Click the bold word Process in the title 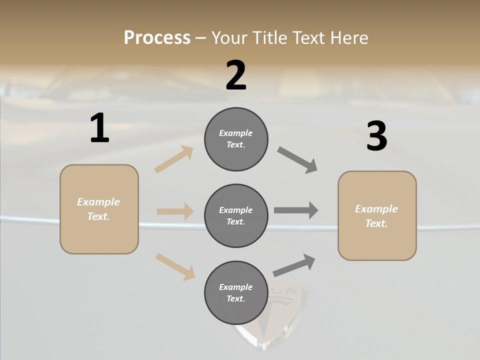157,38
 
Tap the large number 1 99,128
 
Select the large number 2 236,75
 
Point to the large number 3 376,136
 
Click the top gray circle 236,139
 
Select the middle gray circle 236,215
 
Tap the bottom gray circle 236,292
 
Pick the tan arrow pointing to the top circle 174,159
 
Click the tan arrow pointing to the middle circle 175,211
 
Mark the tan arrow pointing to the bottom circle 175,266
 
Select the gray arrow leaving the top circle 297,160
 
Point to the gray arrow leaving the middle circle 296,210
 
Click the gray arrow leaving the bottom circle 294,265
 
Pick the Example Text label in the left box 98,209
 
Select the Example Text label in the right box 376,216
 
